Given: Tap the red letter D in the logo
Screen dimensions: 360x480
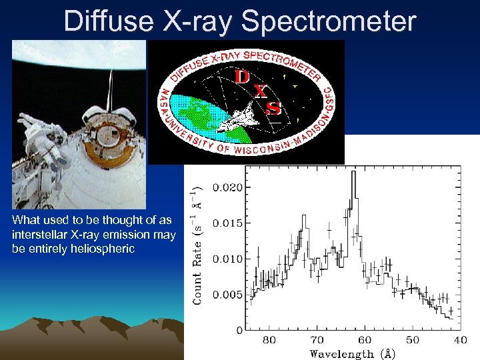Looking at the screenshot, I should click(x=243, y=77).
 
